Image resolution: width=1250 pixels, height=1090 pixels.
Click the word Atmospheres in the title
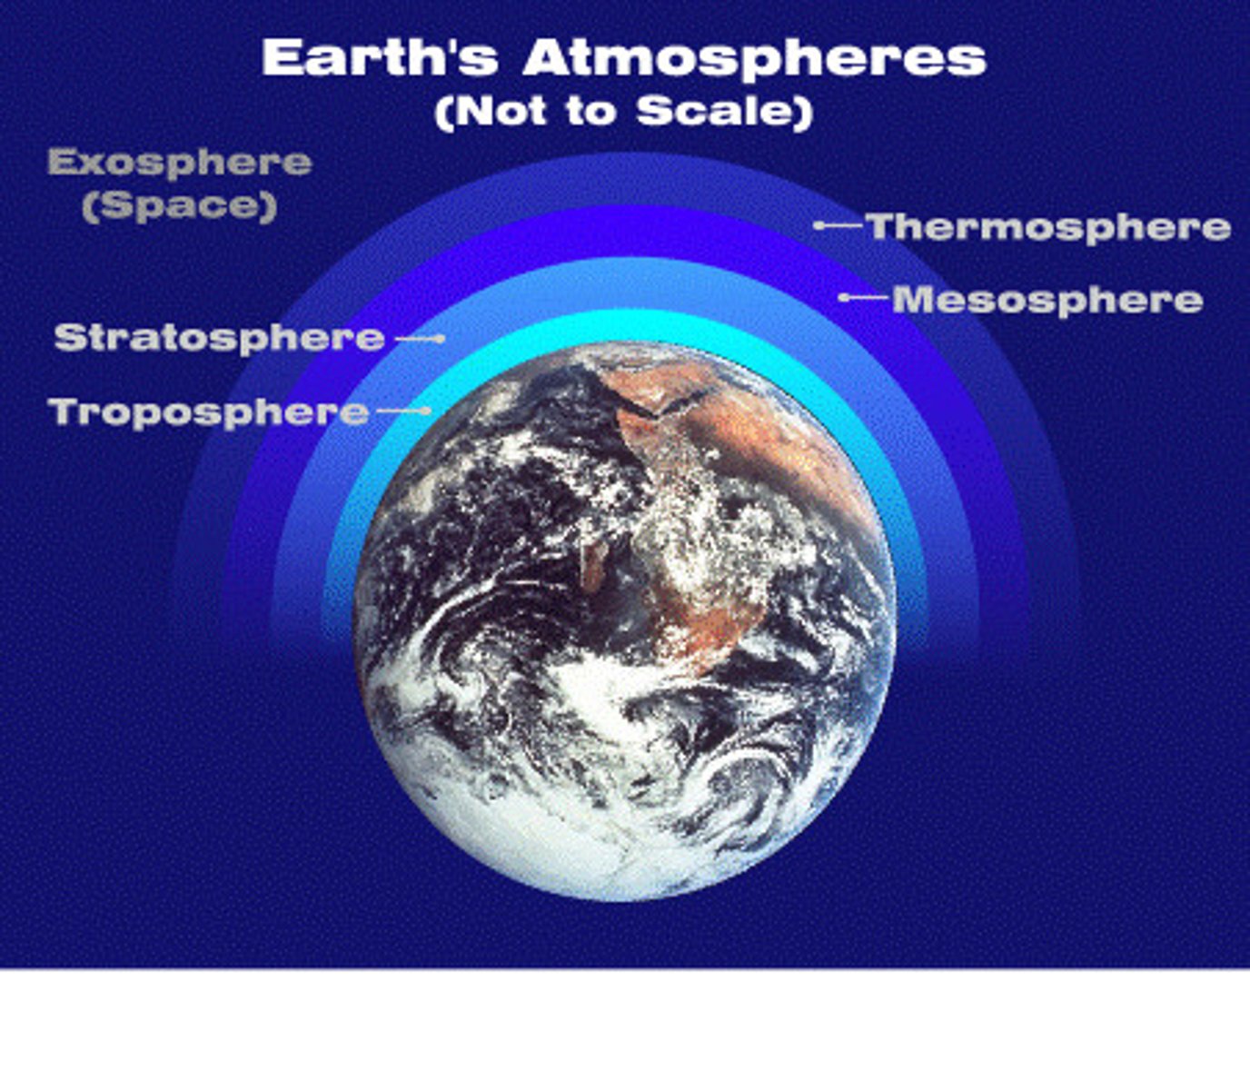(x=754, y=58)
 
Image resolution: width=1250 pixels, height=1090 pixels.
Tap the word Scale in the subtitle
(x=718, y=111)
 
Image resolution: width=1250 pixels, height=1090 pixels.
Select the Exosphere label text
(x=180, y=163)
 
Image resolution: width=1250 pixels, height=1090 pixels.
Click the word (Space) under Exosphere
(x=180, y=205)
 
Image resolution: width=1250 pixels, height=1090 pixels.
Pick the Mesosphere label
(x=1047, y=300)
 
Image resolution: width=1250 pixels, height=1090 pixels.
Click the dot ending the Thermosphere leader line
(x=818, y=225)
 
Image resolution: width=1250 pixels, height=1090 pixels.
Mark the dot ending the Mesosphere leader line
(x=843, y=297)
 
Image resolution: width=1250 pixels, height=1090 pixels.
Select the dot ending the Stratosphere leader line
(x=441, y=339)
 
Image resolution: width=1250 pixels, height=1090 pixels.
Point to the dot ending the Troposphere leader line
(x=426, y=411)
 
